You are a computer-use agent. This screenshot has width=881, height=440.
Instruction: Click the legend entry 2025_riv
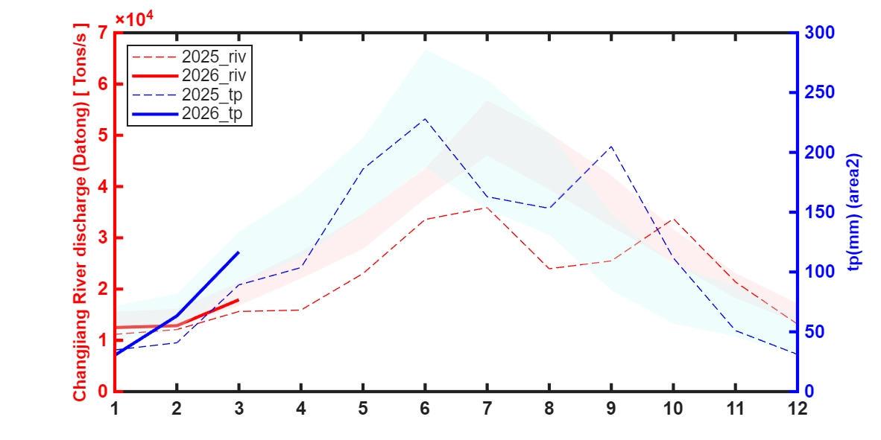[214, 56]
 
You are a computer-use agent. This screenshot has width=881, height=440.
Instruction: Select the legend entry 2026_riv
[214, 75]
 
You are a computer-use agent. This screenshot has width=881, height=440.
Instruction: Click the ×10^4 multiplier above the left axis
[133, 19]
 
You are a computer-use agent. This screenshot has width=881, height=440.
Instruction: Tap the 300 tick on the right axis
[817, 33]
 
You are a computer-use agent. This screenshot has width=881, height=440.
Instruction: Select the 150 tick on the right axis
[817, 212]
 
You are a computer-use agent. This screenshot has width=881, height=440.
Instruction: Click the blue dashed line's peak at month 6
[425, 118]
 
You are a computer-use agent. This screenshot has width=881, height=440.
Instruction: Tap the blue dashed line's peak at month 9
[611, 146]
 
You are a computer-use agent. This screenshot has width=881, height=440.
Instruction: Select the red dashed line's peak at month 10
[673, 220]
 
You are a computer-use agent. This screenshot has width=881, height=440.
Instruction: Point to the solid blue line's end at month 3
[239, 252]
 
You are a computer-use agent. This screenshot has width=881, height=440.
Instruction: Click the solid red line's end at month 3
[239, 300]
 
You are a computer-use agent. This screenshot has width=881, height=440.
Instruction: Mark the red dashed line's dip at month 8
[549, 268]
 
